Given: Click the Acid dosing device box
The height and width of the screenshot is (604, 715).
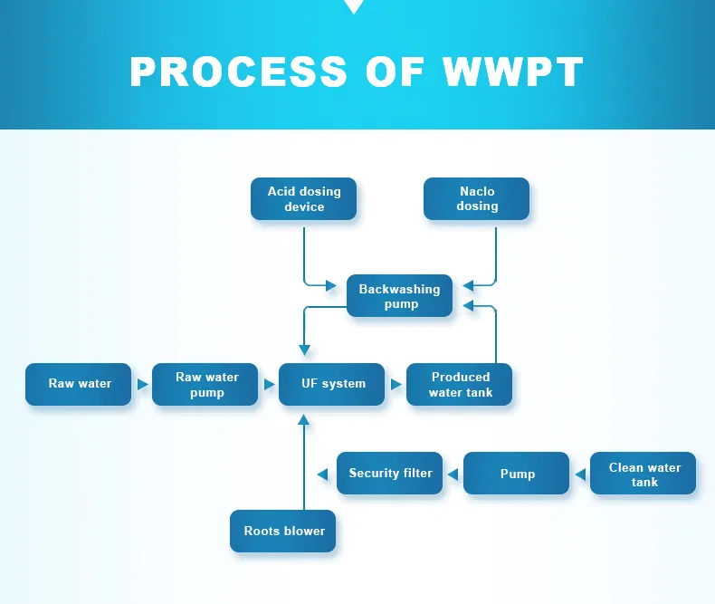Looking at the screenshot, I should tap(303, 199).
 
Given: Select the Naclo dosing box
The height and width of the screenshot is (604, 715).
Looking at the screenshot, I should tap(477, 199).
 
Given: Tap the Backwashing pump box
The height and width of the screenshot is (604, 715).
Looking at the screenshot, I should tap(399, 296).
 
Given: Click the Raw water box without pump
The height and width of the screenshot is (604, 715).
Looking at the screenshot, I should tap(79, 384).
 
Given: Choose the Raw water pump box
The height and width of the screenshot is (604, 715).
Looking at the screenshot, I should tap(206, 384).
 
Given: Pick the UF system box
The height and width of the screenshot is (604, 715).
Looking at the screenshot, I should tap(333, 384).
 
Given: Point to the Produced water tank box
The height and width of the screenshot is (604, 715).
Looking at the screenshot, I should tap(460, 384).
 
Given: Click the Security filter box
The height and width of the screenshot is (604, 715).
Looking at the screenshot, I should tap(390, 474).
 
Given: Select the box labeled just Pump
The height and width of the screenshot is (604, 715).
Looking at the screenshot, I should tap(517, 474).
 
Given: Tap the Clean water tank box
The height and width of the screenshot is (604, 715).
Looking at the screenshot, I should tap(643, 474).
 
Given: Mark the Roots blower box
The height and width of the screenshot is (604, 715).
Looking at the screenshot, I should tap(283, 531).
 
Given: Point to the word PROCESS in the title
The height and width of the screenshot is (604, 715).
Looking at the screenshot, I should tap(238, 72).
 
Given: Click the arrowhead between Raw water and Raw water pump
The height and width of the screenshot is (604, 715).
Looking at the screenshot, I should tap(142, 384).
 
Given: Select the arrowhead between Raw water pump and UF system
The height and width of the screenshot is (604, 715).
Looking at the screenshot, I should tap(269, 384).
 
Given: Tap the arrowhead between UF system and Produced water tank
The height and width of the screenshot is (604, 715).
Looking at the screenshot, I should tap(396, 384).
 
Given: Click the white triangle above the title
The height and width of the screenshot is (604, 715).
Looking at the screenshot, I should tap(354, 6).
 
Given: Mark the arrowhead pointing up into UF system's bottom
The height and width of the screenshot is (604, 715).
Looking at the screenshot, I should tap(304, 420).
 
